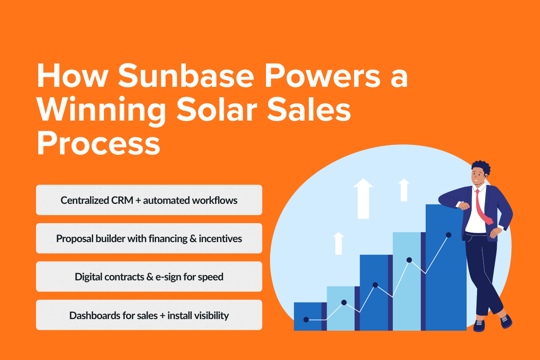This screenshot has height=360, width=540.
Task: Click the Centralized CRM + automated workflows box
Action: tap(149, 200)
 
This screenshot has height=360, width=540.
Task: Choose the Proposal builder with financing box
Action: tap(149, 238)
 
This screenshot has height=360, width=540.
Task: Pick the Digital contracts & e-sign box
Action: tap(149, 277)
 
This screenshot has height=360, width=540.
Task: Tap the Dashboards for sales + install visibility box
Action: tap(149, 315)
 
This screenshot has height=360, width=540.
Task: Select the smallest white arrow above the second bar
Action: tap(339, 243)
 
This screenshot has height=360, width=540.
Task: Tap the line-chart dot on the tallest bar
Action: tap(448, 235)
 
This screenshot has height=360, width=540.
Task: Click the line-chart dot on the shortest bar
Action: tap(306, 319)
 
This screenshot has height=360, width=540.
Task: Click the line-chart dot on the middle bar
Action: tap(375, 285)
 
